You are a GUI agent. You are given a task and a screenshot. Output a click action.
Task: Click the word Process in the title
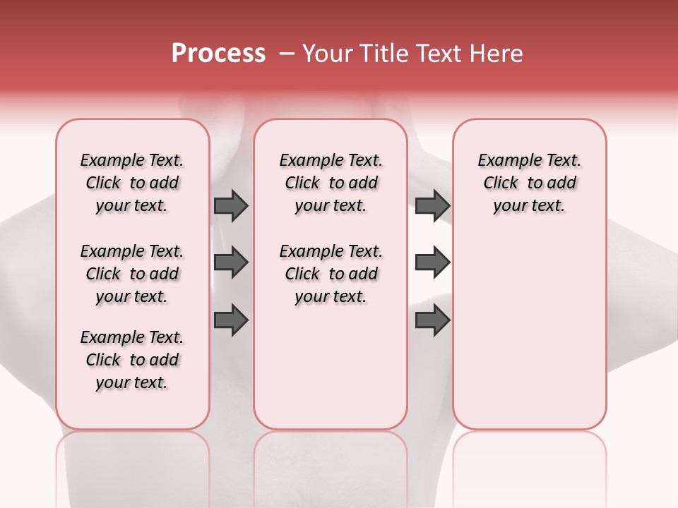point(218,54)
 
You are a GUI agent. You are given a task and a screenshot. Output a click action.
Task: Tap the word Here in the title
point(497,54)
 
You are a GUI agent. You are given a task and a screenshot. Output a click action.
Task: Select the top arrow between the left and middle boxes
point(231,206)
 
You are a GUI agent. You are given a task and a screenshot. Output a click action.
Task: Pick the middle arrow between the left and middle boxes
point(231,262)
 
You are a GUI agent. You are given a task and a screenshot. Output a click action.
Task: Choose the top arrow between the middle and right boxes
point(432,206)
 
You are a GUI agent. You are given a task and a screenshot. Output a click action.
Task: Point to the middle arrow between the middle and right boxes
point(432,262)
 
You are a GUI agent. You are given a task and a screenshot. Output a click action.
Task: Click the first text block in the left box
point(132,183)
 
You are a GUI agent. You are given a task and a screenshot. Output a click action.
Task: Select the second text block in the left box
point(132,274)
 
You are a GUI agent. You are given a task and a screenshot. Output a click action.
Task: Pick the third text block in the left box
point(132,360)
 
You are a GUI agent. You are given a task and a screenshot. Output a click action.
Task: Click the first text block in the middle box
point(331,183)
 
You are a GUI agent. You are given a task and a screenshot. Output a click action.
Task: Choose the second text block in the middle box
point(331,274)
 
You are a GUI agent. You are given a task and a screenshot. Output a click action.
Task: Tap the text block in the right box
point(529,183)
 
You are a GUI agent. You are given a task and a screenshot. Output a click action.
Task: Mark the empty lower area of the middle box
point(331,367)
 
